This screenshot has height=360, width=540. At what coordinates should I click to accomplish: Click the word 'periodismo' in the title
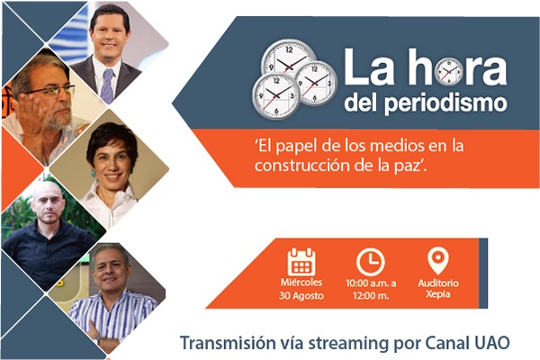pos(446,103)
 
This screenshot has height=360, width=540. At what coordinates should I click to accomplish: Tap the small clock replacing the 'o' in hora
pos(449,72)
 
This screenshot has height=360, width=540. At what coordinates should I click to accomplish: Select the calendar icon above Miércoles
pos(301,262)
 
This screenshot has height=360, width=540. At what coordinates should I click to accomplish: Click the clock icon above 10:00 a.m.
pos(371,262)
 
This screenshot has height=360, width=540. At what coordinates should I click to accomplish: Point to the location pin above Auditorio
pos(438,261)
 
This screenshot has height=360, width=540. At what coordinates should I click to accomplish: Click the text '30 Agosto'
pos(301,295)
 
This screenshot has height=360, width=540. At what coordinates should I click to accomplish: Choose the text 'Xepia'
pos(437,294)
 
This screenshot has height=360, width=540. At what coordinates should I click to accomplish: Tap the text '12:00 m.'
pos(371,295)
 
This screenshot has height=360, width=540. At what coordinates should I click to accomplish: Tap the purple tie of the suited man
pos(107,85)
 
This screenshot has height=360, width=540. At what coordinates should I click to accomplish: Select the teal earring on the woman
pos(93,173)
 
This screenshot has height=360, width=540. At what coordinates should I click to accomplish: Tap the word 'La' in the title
pos(368,67)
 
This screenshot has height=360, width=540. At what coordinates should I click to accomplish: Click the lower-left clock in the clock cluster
pos(276,95)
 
